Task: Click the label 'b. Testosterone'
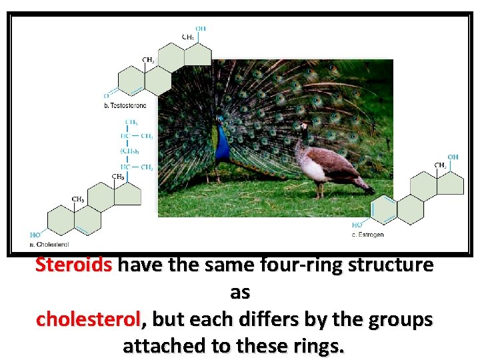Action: tap(125, 106)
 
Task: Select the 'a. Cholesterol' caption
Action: tap(49, 245)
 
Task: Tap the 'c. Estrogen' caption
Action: tap(367, 235)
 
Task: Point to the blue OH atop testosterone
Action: tap(201, 29)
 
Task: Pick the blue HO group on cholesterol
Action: tap(35, 235)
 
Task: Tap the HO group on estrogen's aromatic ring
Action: tap(357, 225)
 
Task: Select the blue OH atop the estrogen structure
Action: tap(453, 157)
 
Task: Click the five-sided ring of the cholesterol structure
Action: tap(127, 193)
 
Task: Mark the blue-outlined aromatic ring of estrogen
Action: tap(383, 210)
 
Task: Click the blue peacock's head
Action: tap(219, 121)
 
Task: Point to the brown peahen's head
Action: tap(303, 126)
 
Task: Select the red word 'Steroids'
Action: tap(74, 265)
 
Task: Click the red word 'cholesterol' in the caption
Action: tap(89, 319)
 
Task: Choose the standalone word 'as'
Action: tap(240, 292)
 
